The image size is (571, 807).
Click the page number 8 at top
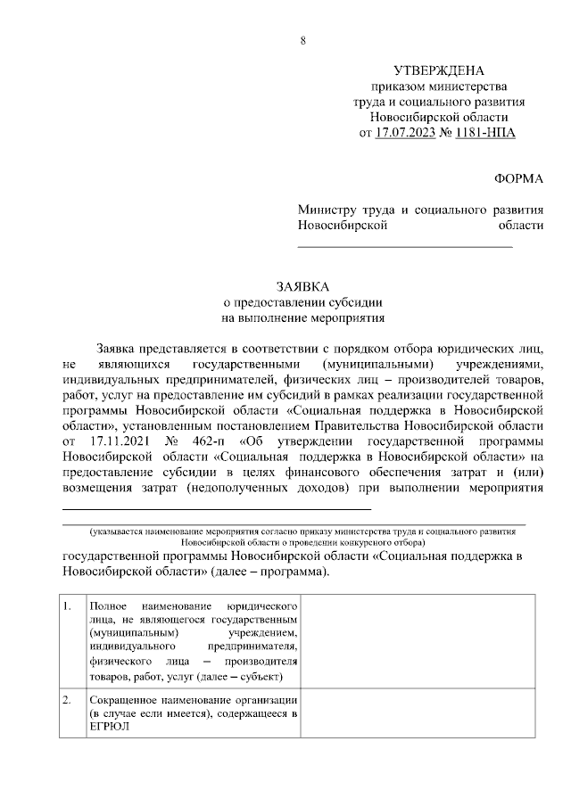[303, 40]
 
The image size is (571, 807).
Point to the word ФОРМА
[518, 178]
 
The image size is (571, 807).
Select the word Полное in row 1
[108, 607]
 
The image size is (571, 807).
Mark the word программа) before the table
[294, 571]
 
